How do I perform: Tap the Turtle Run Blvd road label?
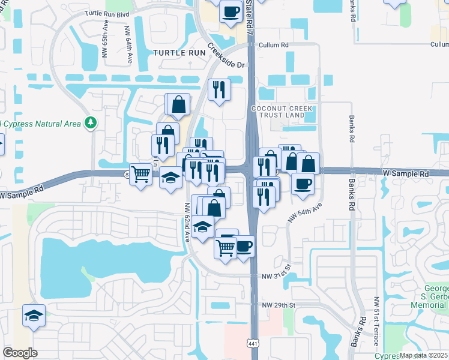[x=108, y=13]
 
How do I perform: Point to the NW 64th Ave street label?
[x=128, y=44]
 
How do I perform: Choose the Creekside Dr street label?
[x=228, y=57]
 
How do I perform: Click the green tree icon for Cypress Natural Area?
[x=90, y=123]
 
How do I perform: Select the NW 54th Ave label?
[x=305, y=213]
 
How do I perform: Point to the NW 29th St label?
[x=280, y=305]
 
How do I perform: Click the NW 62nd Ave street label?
[x=188, y=221]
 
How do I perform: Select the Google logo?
[x=20, y=353]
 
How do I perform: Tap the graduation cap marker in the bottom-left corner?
[x=34, y=316]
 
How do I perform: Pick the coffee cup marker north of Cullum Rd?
[x=230, y=11]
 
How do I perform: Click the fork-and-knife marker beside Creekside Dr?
[x=219, y=89]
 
